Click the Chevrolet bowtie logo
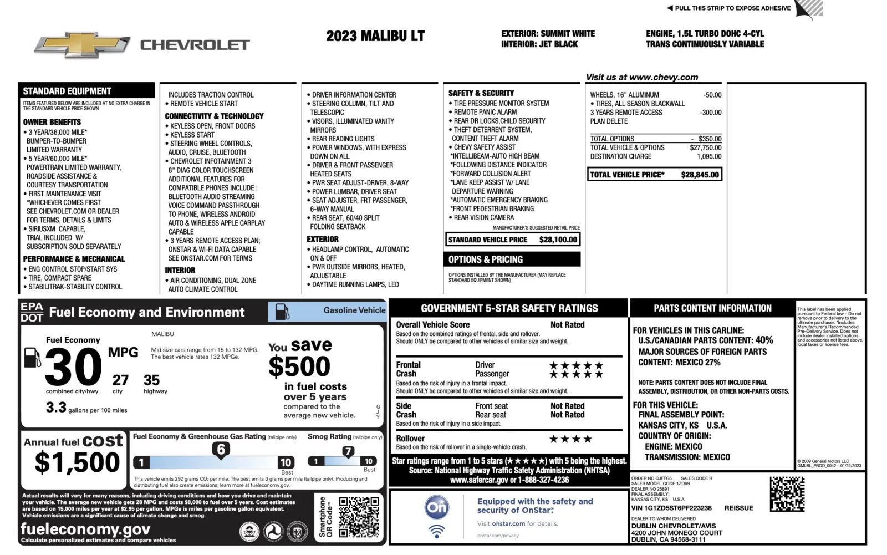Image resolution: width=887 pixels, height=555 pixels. [82, 45]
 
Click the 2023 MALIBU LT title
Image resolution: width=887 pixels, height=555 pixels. [375, 37]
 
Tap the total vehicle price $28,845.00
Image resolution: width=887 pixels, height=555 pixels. [700, 175]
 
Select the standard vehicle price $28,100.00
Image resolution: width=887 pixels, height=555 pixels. [558, 240]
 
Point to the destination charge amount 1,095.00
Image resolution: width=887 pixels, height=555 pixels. [709, 156]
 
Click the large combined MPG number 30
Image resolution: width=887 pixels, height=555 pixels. [74, 367]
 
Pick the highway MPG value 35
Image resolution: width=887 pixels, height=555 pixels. [151, 380]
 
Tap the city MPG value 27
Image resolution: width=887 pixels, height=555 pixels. [120, 380]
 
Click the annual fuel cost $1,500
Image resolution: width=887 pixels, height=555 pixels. [77, 462]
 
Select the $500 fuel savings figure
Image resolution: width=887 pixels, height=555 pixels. [299, 366]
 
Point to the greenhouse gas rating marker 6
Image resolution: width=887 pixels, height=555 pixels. [221, 450]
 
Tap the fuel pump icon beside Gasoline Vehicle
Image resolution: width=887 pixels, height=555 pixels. [282, 312]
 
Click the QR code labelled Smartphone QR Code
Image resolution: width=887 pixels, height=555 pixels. [359, 517]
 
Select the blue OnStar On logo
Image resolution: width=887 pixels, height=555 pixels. [437, 507]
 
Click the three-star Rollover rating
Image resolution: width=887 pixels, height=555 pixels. [570, 439]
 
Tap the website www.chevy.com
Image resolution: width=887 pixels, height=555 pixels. [664, 78]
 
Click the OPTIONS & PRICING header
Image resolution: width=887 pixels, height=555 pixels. [486, 259]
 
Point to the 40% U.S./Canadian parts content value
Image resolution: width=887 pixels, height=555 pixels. [764, 340]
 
